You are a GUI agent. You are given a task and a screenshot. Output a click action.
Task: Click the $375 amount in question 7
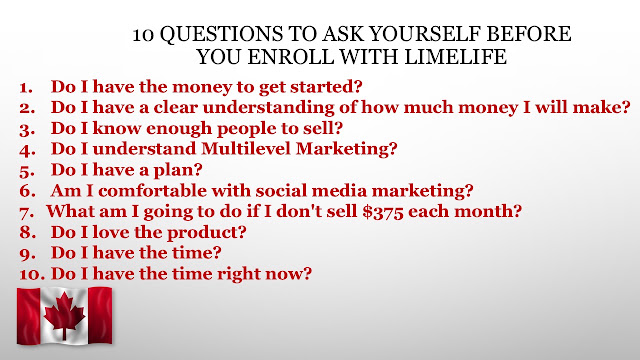(x=383, y=212)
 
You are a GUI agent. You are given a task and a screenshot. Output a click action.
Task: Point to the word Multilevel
(x=246, y=149)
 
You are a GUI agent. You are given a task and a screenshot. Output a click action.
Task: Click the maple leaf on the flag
(x=64, y=316)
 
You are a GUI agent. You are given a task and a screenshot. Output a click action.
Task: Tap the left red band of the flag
(x=28, y=316)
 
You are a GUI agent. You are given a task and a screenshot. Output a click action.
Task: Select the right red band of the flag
(x=100, y=315)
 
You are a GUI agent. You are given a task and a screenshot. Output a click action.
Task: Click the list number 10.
(x=32, y=274)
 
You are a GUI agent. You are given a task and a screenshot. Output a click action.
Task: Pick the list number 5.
(x=27, y=171)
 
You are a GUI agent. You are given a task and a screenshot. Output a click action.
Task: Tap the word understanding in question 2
(x=269, y=108)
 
